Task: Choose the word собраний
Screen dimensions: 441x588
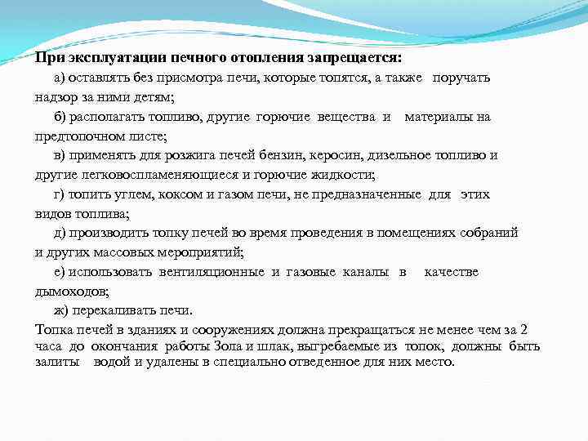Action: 489,233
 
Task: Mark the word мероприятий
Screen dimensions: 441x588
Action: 200,252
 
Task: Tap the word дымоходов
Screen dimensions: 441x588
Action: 69,291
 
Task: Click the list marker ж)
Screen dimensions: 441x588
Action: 61,310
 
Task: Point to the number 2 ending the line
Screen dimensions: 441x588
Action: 524,330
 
